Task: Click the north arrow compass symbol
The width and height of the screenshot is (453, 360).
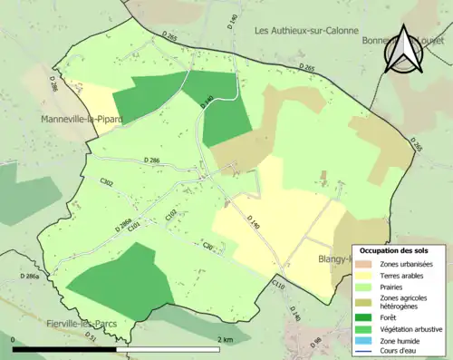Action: tap(404, 50)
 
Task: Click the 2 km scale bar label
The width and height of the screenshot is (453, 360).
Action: tap(224, 339)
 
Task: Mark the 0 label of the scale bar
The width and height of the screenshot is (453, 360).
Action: tap(14, 339)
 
